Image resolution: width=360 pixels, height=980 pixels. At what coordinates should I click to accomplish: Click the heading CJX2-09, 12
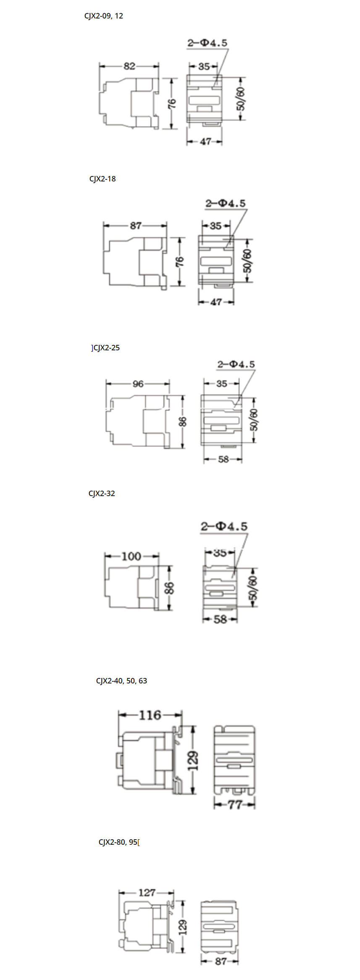104,16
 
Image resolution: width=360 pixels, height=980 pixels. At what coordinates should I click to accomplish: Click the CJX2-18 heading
102,179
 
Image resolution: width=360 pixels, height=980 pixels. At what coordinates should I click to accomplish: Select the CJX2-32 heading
102,494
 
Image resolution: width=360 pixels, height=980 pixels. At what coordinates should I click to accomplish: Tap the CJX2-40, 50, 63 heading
121,681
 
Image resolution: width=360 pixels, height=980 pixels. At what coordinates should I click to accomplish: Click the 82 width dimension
129,66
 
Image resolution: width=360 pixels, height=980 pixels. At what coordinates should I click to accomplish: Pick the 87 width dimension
136,226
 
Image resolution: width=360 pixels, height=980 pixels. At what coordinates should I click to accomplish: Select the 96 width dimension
138,384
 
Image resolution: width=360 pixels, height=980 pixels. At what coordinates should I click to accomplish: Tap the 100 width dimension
131,557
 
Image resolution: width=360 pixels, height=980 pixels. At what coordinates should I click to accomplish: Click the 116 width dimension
150,715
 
